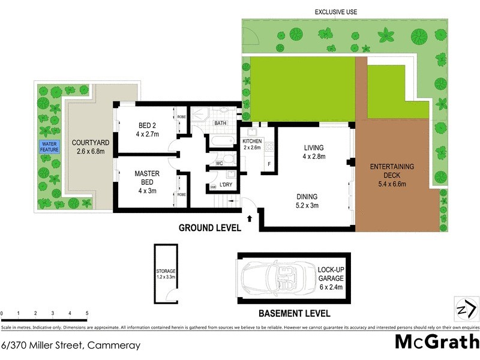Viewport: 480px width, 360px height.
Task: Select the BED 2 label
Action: click(x=147, y=130)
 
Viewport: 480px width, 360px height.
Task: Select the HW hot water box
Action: click(x=213, y=188)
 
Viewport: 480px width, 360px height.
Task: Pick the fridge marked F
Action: click(x=269, y=164)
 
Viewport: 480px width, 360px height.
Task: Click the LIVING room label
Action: click(x=314, y=152)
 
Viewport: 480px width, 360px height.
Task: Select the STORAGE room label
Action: click(x=165, y=275)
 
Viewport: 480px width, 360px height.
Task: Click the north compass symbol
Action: click(x=466, y=309)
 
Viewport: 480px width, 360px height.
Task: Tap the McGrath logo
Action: click(x=436, y=342)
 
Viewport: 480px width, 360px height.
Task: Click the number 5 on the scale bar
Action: click(x=87, y=314)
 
